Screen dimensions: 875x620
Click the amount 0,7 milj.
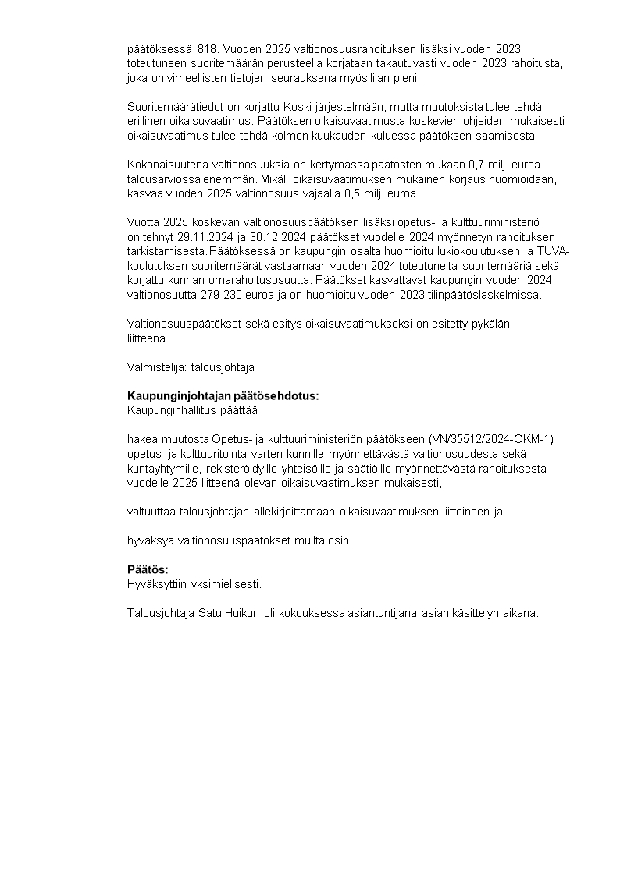(483, 165)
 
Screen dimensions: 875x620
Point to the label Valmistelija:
(152, 367)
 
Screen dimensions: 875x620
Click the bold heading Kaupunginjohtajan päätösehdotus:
(223, 396)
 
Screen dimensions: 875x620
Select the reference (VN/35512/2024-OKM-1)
(491, 439)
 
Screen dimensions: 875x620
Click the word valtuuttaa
(151, 512)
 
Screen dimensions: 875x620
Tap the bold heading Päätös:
(148, 569)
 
